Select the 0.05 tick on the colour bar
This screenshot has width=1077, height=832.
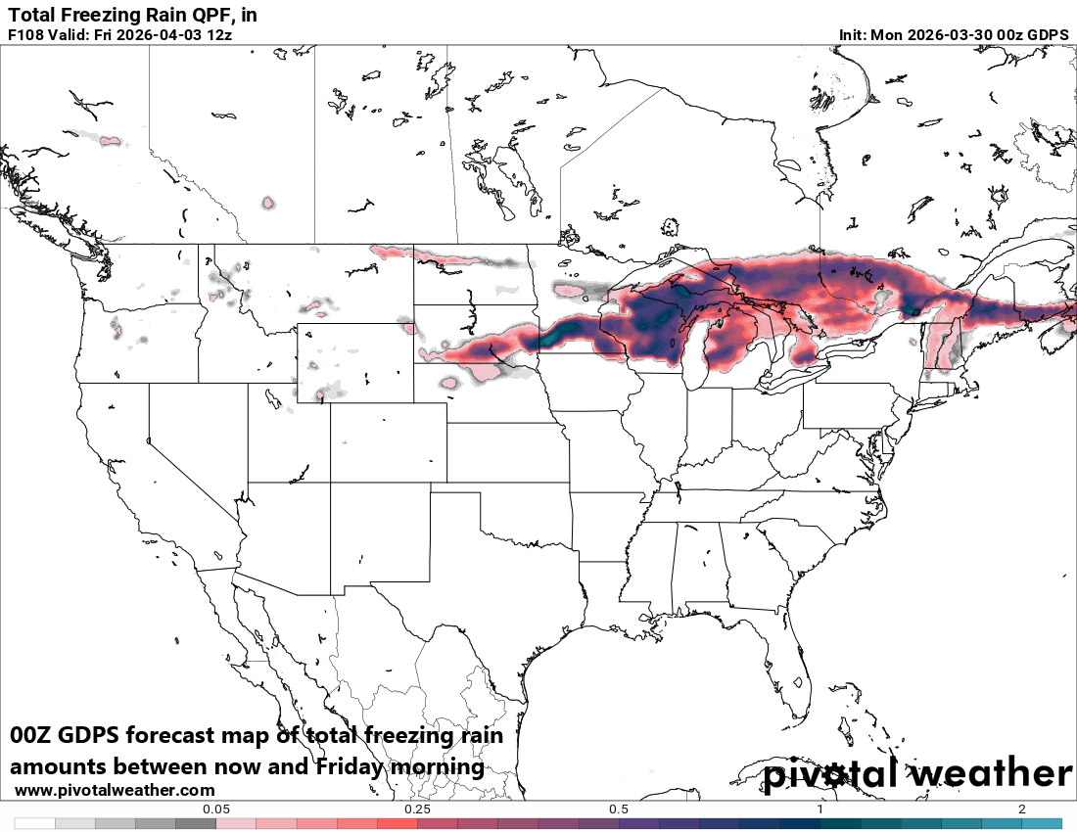tap(215, 809)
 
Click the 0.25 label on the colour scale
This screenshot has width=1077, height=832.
tap(417, 809)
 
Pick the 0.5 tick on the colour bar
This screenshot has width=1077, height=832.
tap(618, 809)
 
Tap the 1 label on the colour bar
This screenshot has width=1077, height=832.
tap(819, 809)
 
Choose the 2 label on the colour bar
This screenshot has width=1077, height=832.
tap(1021, 809)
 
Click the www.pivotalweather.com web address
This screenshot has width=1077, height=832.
tap(115, 790)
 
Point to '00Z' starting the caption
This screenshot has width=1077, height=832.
tap(31, 736)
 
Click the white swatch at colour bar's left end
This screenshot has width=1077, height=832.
tap(34, 824)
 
